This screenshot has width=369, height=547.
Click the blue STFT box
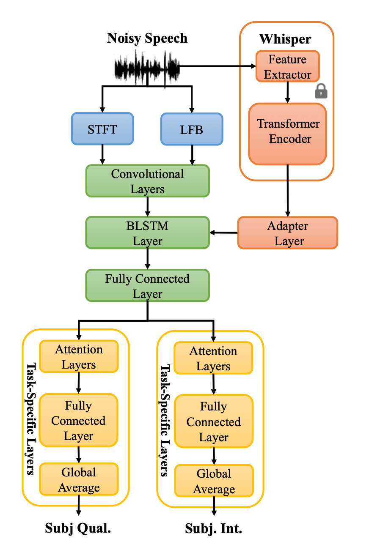(102, 129)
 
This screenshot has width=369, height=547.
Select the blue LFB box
(192, 129)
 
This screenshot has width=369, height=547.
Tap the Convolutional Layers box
(147, 181)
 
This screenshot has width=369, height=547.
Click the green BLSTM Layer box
(147, 232)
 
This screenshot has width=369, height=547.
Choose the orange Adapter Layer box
(288, 233)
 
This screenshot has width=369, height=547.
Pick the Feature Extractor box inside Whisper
(287, 66)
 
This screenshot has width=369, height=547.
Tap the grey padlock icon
(321, 90)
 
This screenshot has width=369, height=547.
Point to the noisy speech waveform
(147, 68)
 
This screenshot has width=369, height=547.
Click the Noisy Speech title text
(147, 38)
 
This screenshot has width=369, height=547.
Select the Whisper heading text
(285, 39)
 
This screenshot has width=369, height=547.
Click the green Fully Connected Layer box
(147, 286)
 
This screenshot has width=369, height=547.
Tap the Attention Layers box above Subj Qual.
(79, 356)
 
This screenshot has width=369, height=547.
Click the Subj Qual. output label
(78, 528)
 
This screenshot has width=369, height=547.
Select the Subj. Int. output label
(214, 528)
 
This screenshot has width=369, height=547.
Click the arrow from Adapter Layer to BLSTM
(224, 232)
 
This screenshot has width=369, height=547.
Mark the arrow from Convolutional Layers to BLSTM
(148, 207)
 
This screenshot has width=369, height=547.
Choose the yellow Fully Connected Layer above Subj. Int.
(214, 421)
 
